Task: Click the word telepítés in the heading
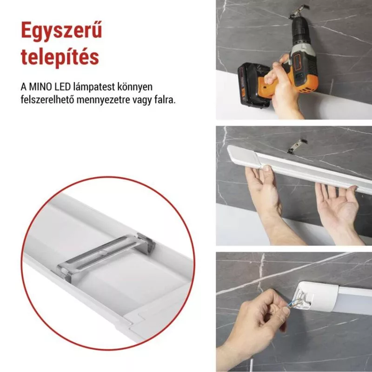(60, 57)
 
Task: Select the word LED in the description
(63, 87)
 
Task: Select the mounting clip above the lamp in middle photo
(298, 146)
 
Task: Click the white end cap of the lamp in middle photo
(243, 157)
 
